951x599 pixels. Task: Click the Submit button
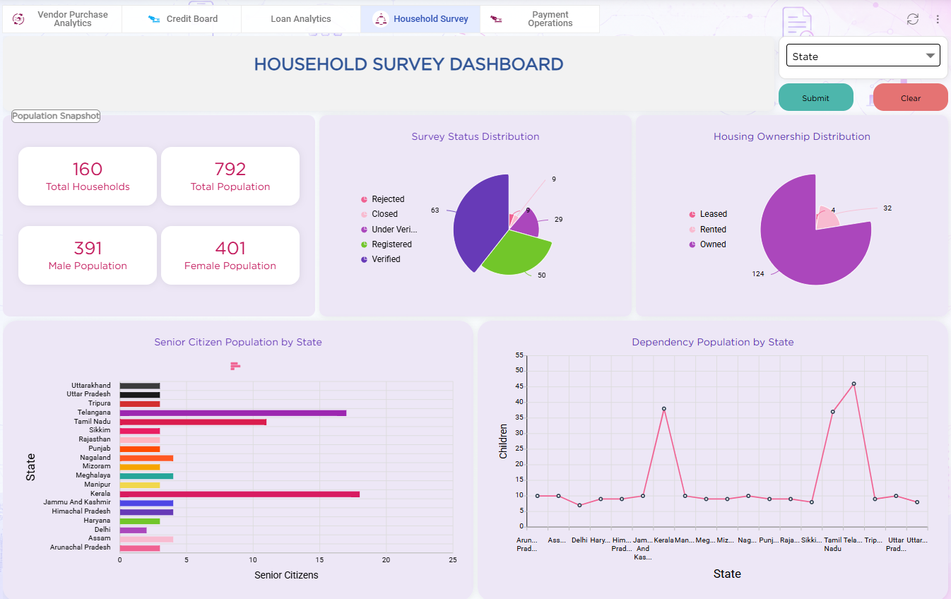tap(815, 97)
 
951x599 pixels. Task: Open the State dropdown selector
tap(863, 56)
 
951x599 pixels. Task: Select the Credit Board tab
tap(182, 18)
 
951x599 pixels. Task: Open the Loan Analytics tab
tap(300, 18)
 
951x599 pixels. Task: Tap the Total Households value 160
tap(88, 169)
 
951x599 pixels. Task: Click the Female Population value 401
tap(230, 248)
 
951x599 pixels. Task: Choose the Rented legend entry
tap(707, 230)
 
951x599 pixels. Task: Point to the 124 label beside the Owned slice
tap(758, 274)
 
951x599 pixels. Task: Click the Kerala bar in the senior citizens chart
tap(240, 494)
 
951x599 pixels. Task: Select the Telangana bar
tap(233, 413)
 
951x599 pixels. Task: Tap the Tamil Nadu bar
tap(193, 422)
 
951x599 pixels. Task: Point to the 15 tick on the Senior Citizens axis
tap(319, 560)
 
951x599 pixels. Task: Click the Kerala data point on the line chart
tap(664, 409)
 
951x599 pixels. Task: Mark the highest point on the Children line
tap(853, 384)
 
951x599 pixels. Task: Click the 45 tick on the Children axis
tap(519, 386)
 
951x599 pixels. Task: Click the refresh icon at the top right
tap(912, 19)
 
